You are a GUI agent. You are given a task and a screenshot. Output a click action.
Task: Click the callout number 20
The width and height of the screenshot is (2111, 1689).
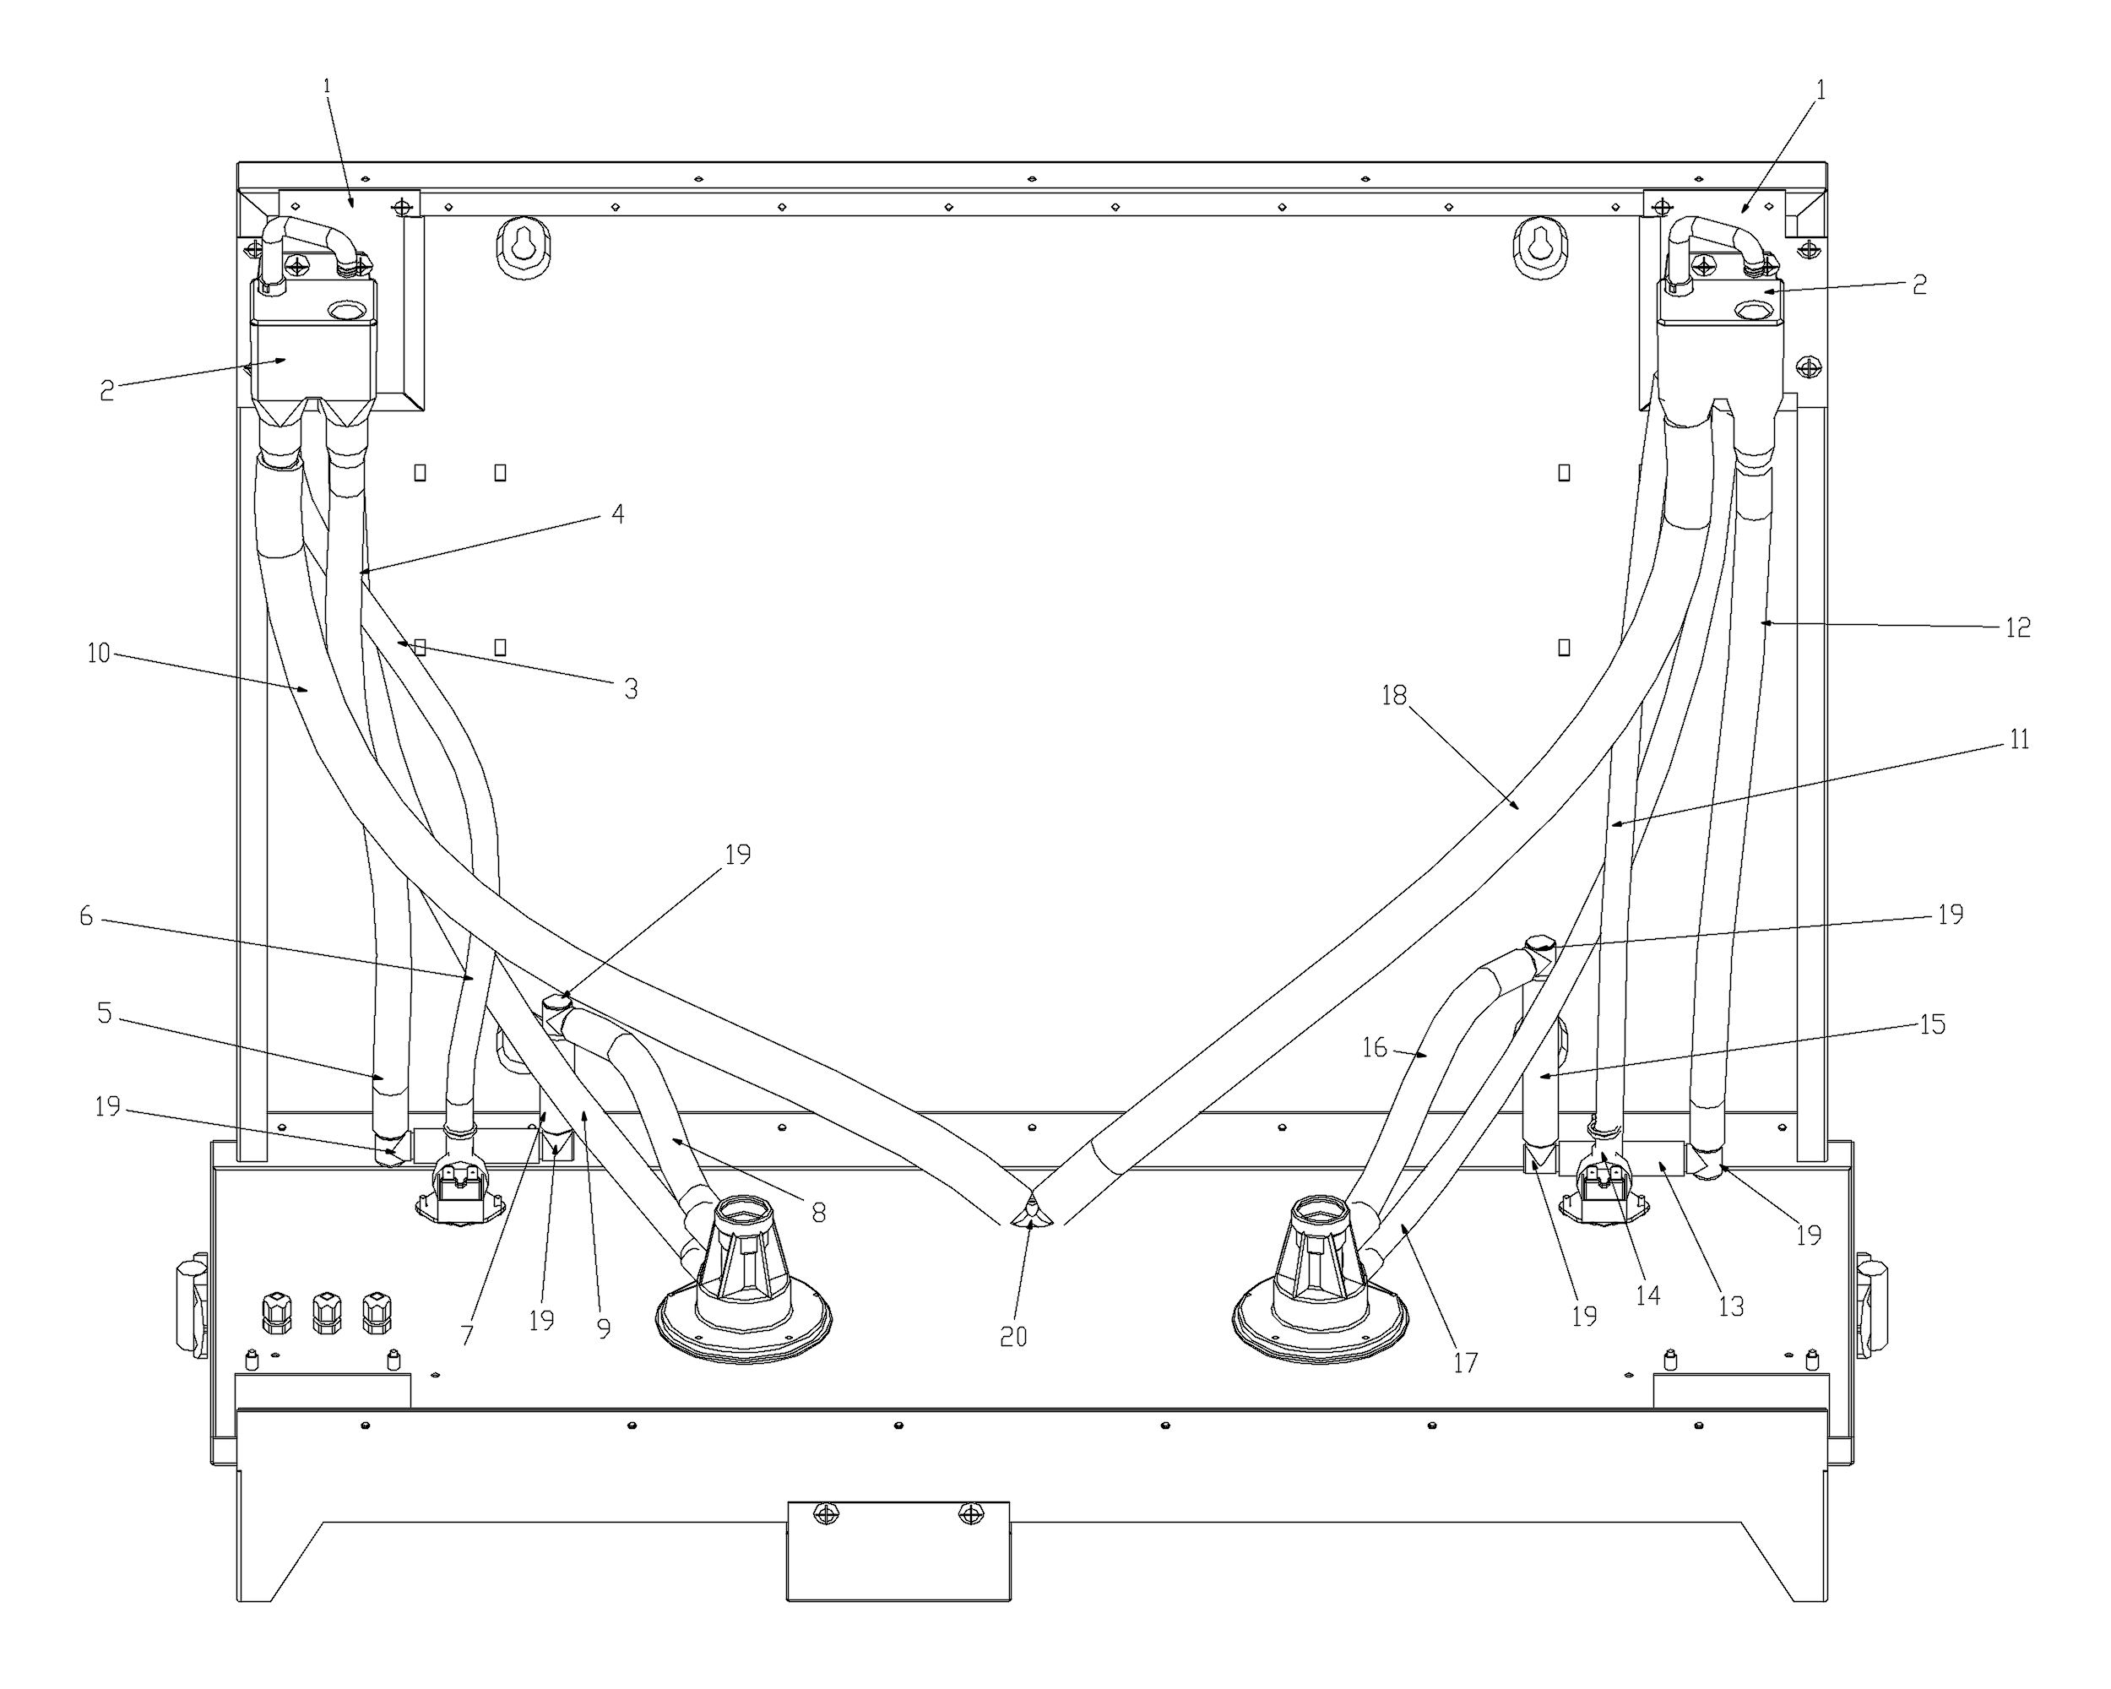[x=1013, y=1337]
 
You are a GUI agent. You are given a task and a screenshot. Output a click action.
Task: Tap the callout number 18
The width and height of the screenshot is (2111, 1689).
[x=1393, y=695]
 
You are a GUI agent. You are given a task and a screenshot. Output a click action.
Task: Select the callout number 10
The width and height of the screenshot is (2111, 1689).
[x=99, y=653]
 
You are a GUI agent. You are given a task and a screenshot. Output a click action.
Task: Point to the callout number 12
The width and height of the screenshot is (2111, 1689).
[x=2018, y=627]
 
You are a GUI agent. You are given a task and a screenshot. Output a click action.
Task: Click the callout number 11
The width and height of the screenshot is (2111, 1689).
[x=2019, y=739]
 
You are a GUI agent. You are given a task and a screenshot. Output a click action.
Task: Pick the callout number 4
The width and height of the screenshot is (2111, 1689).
[x=618, y=514]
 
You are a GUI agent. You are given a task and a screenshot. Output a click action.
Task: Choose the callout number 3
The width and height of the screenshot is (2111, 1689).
[x=632, y=689]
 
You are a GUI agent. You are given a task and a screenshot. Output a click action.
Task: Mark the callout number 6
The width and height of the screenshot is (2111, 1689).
[x=86, y=916]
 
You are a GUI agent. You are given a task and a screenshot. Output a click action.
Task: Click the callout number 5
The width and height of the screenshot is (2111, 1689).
[x=105, y=1013]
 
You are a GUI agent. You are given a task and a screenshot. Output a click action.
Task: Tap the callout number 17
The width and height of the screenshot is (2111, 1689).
[x=1465, y=1363]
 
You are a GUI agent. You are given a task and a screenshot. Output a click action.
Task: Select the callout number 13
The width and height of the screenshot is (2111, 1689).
[x=1731, y=1306]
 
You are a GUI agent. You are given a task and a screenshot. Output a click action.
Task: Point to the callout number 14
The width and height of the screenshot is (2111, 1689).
[x=1648, y=1295]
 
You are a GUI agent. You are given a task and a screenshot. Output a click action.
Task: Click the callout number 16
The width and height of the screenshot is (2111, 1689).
[x=1375, y=1048]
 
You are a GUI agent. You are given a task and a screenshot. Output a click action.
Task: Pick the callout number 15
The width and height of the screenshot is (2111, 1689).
[x=1932, y=1024]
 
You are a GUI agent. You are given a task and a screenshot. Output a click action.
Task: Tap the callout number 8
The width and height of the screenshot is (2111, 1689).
[x=818, y=1214]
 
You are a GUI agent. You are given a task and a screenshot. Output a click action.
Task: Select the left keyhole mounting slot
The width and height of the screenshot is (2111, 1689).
[x=523, y=245]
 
